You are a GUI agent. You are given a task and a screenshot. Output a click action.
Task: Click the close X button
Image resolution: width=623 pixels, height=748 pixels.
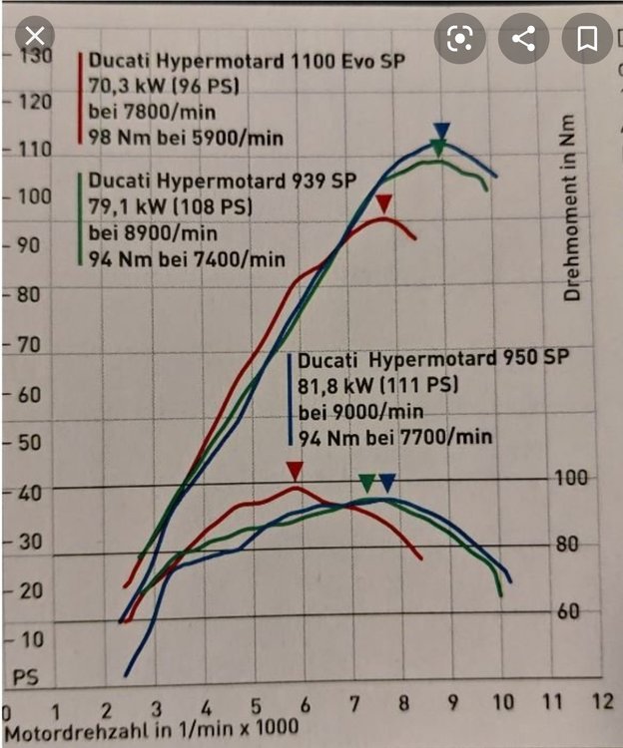pos(34,38)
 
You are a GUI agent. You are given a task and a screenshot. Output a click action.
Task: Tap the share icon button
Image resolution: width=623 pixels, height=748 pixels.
pos(523,39)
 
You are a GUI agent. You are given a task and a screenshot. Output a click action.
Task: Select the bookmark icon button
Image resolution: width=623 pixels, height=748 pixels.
pos(586,39)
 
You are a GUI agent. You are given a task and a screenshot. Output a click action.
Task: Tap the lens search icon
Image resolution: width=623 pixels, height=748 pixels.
pos(459,39)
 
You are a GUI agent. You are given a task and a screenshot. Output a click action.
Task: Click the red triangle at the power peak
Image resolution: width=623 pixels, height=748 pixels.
pos(384,203)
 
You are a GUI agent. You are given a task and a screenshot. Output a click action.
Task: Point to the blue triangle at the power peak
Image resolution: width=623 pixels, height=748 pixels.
pos(442,131)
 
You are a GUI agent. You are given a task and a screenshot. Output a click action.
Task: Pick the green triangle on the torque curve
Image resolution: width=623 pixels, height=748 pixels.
pos(367,483)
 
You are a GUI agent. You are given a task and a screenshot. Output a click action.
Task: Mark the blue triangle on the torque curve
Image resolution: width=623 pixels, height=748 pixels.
pos(387,483)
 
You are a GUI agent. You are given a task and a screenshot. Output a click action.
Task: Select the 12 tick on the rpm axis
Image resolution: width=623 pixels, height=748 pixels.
pos(601,702)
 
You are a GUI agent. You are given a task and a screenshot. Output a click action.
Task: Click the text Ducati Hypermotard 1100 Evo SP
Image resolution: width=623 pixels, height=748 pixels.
pos(248,61)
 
